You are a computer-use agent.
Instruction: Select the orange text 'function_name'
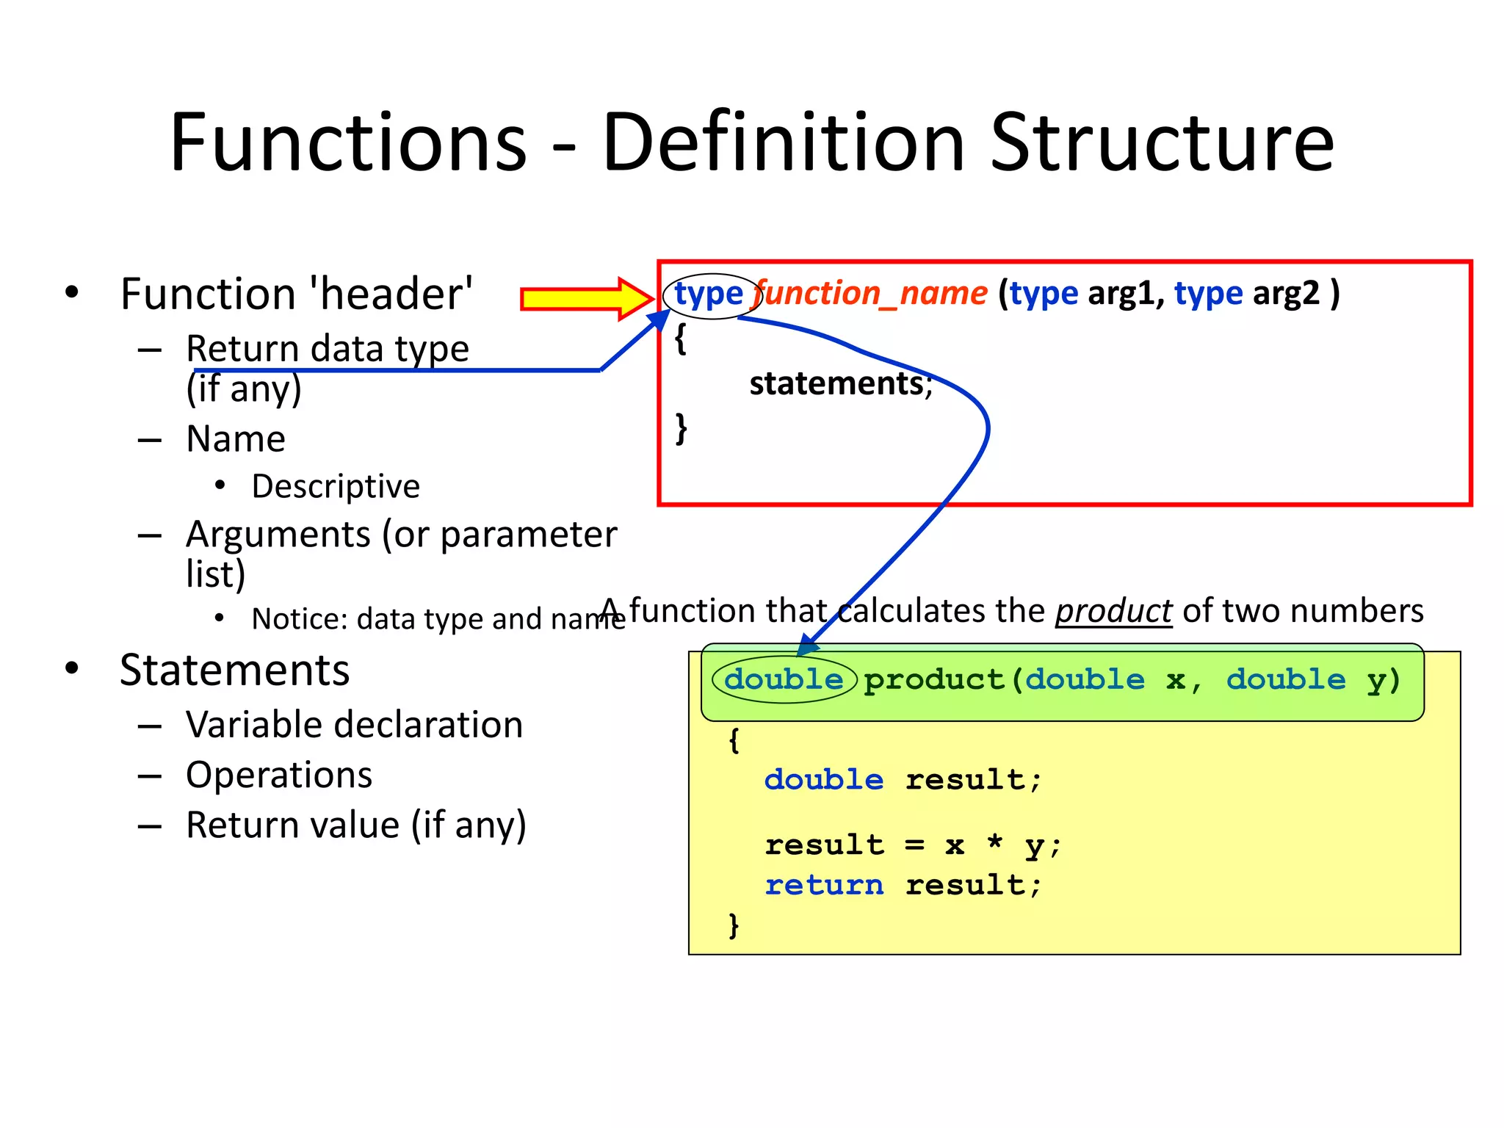pos(871,294)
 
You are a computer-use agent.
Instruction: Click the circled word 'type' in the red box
pos(709,294)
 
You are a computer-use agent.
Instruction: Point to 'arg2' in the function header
pos(1286,294)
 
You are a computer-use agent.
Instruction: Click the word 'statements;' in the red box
pos(840,383)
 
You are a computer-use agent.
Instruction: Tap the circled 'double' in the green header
pos(784,679)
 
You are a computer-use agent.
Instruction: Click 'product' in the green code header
pos(933,680)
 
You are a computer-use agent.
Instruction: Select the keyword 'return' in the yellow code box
pos(823,885)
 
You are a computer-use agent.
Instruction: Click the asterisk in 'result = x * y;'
pos(994,843)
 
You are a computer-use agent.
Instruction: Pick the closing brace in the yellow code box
pos(733,925)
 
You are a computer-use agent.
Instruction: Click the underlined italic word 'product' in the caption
pos(1113,611)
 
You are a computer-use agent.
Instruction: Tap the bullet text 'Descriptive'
pos(336,486)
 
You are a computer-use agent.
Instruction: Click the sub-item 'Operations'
pos(279,775)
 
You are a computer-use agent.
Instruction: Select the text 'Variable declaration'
pos(354,725)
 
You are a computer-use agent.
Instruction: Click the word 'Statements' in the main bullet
pos(235,670)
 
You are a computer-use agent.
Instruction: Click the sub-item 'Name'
pos(236,439)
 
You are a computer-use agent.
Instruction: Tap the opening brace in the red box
pos(681,339)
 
